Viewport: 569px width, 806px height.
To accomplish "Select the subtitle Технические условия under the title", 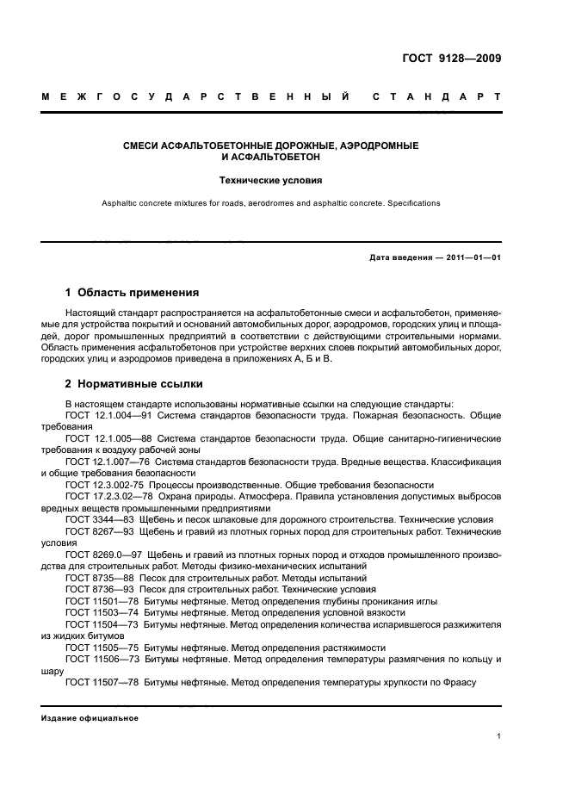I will pos(283,182).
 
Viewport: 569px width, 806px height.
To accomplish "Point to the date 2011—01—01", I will pos(471,257).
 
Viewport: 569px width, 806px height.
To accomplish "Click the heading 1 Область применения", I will pos(132,293).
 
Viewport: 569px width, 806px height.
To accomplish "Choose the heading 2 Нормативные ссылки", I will pos(134,384).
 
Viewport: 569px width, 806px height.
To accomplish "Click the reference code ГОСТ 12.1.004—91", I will pos(103,415).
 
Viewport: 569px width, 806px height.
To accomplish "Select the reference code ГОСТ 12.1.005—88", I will pos(103,438).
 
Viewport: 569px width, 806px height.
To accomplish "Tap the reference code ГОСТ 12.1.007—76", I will pos(103,462).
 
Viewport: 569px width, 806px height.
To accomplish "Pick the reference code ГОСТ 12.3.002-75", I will pos(102,485).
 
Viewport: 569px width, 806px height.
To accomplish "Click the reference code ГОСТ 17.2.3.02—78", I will pos(104,497).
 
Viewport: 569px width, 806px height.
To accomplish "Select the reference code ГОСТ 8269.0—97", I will pos(98,555).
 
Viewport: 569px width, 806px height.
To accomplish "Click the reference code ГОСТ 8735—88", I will pos(95,578).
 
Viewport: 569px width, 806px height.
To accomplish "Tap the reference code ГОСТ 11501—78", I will pos(96,601).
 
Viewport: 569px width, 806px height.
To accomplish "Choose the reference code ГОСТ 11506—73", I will pos(96,659).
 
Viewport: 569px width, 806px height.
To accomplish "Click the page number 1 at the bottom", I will pos(499,737).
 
